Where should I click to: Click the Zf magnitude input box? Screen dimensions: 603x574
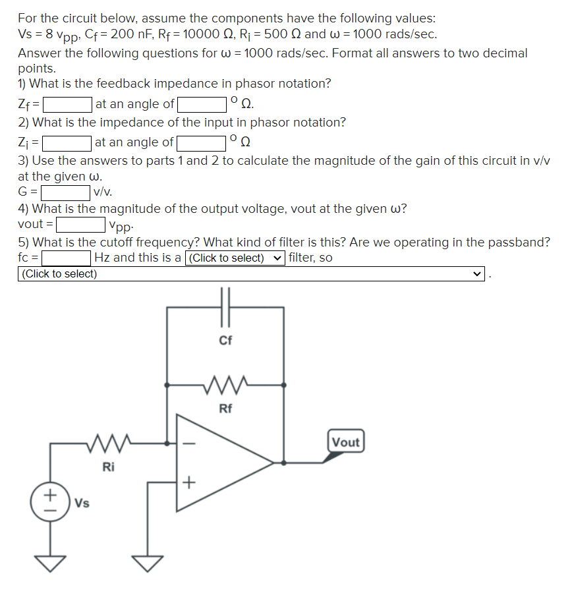point(67,104)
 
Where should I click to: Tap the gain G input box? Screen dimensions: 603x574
point(65,193)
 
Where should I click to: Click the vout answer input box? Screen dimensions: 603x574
point(80,225)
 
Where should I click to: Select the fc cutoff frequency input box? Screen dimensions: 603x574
point(67,258)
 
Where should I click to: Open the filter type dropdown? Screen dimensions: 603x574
point(235,258)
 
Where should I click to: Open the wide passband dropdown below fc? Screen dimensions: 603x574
point(251,274)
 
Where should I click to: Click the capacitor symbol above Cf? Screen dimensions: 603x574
point(225,306)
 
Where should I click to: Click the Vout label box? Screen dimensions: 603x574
point(345,442)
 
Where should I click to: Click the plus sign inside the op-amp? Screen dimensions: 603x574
point(188,483)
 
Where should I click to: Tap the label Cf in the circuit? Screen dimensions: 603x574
point(225,341)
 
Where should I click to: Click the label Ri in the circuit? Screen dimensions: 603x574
point(109,467)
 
